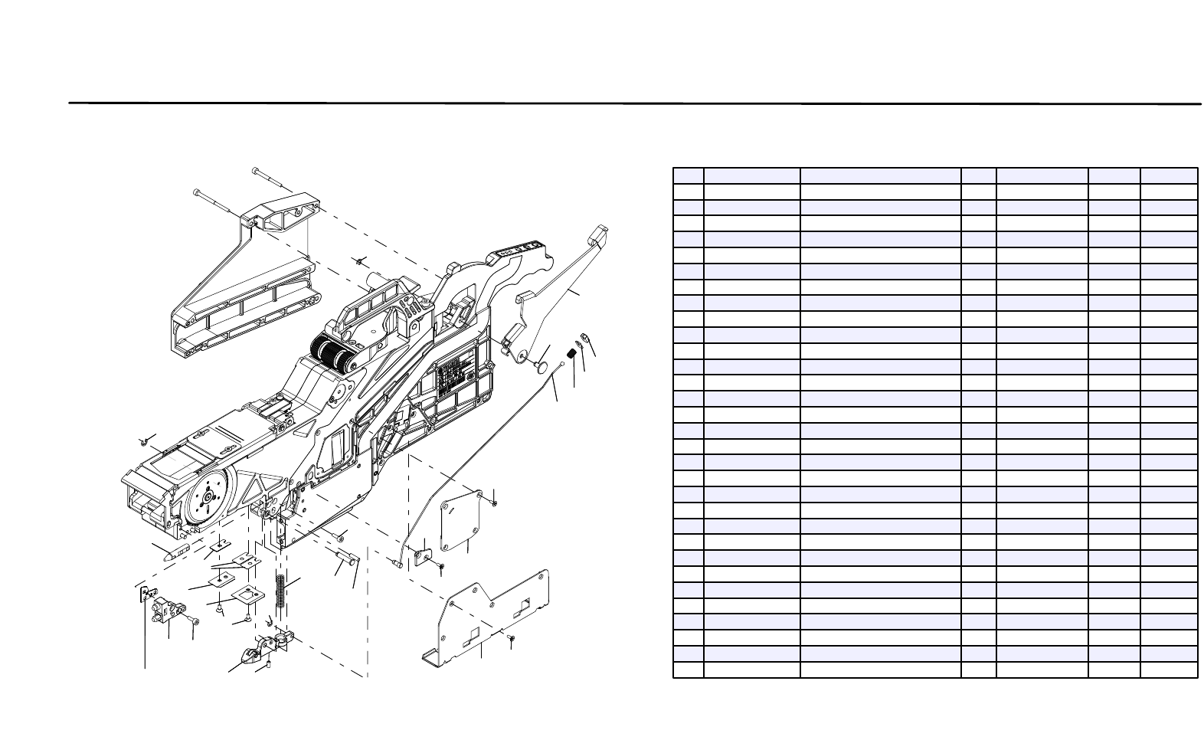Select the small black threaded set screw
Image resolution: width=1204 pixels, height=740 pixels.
(x=571, y=353)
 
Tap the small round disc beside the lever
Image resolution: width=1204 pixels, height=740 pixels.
(x=542, y=367)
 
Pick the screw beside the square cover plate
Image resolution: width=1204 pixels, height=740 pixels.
(x=495, y=502)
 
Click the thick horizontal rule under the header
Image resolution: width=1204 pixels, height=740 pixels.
(x=634, y=103)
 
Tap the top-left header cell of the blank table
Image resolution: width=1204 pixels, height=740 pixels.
(x=688, y=175)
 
